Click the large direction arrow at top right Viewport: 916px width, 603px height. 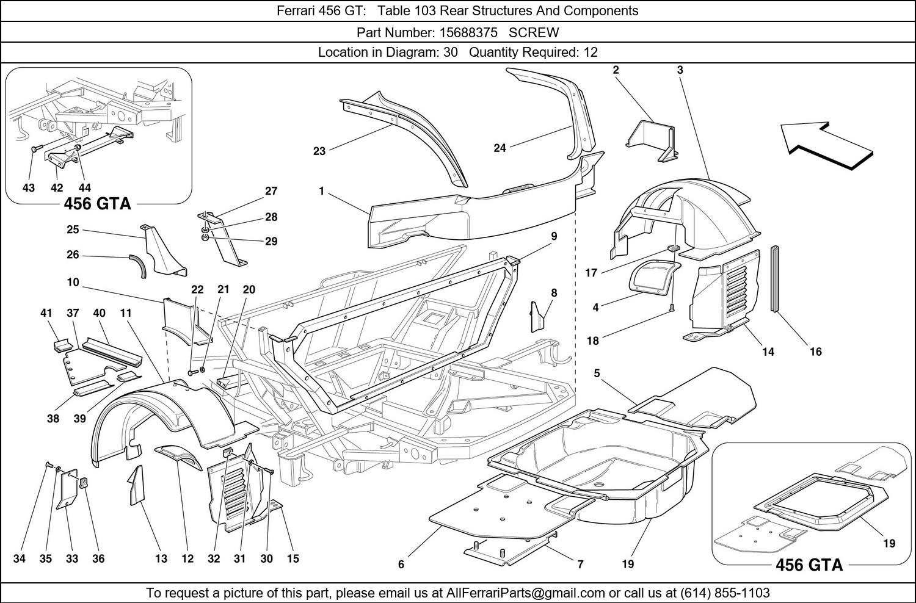click(824, 145)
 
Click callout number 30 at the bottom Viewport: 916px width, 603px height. click(267, 558)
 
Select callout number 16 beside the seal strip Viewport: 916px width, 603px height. click(816, 352)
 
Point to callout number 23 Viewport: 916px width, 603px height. click(319, 151)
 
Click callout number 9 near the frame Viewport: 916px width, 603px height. click(554, 236)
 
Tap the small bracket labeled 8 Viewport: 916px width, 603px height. click(537, 312)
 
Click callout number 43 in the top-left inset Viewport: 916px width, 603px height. click(29, 188)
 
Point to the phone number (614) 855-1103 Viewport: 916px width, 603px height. click(725, 593)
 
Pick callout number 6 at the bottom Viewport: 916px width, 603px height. click(401, 565)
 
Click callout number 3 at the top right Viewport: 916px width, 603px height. click(680, 70)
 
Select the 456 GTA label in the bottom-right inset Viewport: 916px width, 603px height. click(809, 565)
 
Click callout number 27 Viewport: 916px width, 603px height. click(271, 191)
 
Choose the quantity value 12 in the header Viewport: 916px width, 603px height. click(591, 52)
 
